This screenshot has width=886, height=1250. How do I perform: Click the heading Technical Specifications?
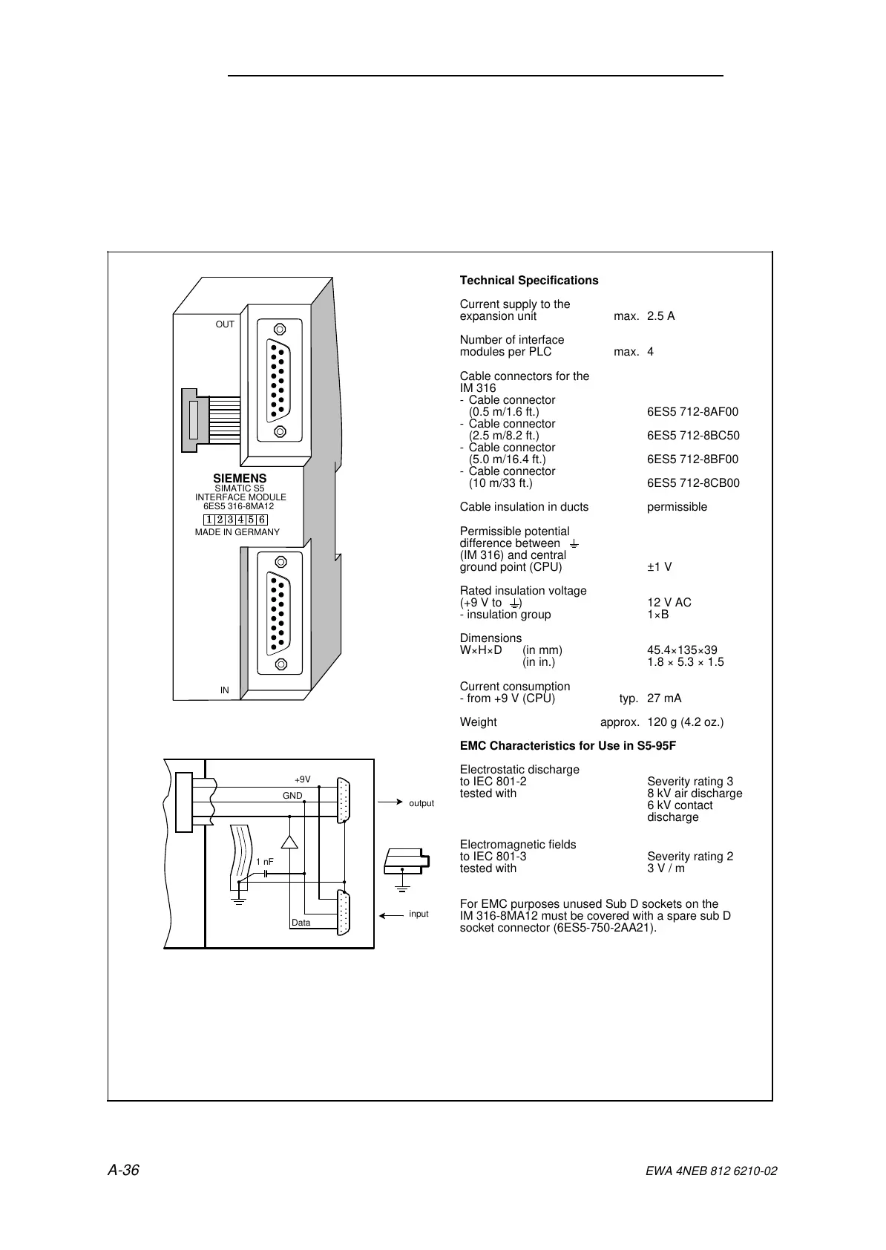pos(528,281)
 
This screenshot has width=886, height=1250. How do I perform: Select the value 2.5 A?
pos(660,316)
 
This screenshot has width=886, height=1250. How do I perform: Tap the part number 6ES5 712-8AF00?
pos(692,412)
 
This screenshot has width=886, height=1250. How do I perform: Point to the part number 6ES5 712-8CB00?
pos(693,483)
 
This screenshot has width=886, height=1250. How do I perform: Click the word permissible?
pos(677,507)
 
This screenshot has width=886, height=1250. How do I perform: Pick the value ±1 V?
pos(659,567)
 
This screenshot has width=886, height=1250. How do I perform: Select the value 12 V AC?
pos(669,603)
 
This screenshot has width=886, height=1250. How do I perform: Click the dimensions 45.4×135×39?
pos(682,650)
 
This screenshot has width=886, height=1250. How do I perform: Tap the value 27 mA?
pos(664,698)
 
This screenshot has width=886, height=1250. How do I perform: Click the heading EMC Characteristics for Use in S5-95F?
pos(568,746)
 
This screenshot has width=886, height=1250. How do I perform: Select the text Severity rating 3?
pos(690,782)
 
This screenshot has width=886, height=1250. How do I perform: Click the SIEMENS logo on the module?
pos(240,479)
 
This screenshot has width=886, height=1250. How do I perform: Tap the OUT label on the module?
pos(225,324)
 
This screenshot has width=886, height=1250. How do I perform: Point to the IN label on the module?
pos(224,690)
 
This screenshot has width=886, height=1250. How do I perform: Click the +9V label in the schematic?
pos(302,779)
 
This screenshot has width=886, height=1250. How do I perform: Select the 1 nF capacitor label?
pos(264,862)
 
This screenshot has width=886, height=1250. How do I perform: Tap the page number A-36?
pos(124,1171)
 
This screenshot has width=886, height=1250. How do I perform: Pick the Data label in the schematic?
pos(301,923)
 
